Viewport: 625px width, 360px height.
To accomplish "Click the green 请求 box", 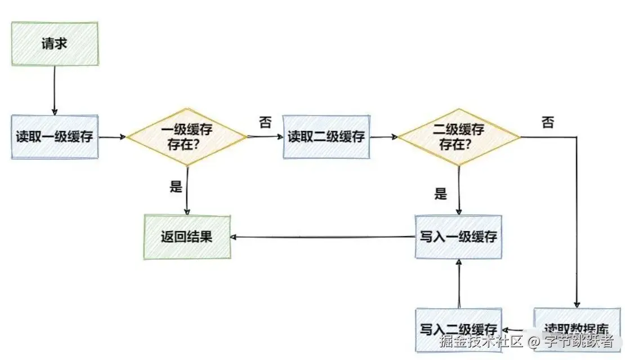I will (55, 43).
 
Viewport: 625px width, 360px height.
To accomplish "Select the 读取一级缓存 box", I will (55, 137).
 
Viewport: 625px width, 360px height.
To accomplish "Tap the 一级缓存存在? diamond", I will (186, 137).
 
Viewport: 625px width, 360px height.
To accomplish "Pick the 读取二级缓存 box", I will (326, 137).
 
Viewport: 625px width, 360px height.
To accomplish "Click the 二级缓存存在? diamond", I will (458, 137).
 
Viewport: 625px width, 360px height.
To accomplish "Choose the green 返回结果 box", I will (186, 237).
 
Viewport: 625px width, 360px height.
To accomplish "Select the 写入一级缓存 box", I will (458, 237).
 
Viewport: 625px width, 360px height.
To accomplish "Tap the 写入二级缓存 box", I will (458, 330).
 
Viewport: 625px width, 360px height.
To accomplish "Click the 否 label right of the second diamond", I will (547, 122).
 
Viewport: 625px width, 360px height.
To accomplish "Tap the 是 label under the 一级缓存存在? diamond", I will (176, 187).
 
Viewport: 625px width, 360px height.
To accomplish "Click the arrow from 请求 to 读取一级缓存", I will (54, 90).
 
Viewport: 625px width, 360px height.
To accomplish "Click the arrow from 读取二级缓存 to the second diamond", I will (384, 137).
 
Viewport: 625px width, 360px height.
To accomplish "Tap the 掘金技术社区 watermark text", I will (482, 341).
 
